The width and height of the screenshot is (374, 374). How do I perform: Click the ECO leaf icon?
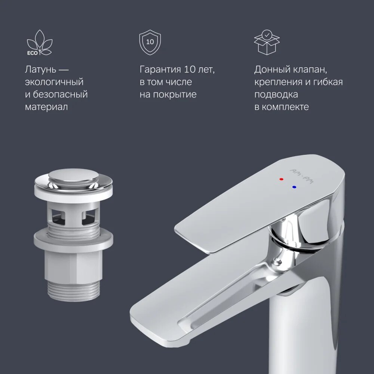click(39, 43)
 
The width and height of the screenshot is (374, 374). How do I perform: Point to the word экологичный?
click(54, 82)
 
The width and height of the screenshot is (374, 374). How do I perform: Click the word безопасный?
click(60, 94)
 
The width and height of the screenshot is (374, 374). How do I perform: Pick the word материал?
click(46, 107)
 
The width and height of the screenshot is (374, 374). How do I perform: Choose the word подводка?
click(276, 94)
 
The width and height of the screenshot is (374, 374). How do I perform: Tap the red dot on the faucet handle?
click(281, 179)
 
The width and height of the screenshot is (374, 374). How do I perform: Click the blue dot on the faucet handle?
click(294, 187)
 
